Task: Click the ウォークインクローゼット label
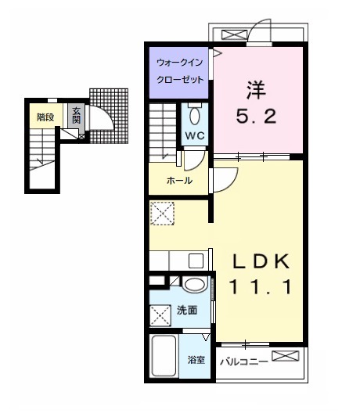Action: tap(180, 70)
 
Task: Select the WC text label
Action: tap(195, 134)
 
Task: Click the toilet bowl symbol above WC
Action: tap(195, 115)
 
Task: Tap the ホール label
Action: tap(179, 180)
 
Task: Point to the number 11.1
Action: tap(260, 287)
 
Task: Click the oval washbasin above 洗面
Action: tap(196, 285)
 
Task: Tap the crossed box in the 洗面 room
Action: tap(160, 316)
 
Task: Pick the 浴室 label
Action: tap(196, 360)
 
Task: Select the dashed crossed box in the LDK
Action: tap(161, 214)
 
